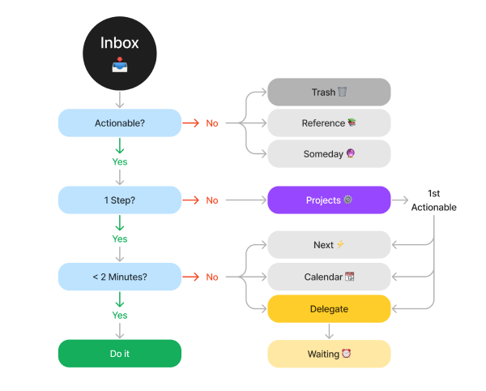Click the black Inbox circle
click(119, 54)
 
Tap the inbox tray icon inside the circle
click(119, 66)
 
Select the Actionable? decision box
click(119, 123)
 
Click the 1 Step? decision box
click(119, 200)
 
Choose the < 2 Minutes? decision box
click(119, 277)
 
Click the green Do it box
click(119, 354)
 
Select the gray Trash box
click(329, 92)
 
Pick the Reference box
click(329, 123)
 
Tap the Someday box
click(329, 154)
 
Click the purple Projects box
click(329, 200)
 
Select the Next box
click(329, 245)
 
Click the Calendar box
click(329, 277)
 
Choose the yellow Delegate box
click(329, 309)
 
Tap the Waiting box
click(329, 354)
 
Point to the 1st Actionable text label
click(433, 201)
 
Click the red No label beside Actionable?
click(212, 123)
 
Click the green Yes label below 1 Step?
click(120, 239)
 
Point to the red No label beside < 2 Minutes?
click(212, 277)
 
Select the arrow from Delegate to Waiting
click(329, 331)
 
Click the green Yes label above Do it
click(120, 316)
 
